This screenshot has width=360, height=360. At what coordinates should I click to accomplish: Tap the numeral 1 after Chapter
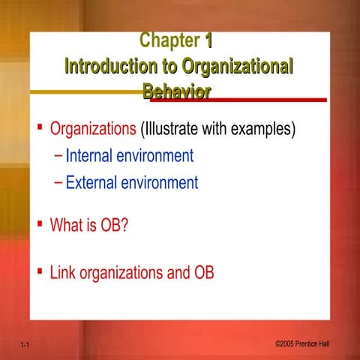click(208, 40)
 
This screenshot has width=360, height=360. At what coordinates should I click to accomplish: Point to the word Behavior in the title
click(176, 91)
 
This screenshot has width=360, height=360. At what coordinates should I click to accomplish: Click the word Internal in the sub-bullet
click(91, 156)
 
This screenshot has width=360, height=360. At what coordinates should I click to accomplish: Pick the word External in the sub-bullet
click(92, 182)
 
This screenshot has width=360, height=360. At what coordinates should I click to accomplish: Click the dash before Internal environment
click(59, 156)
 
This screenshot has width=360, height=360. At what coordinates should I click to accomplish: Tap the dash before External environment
click(59, 182)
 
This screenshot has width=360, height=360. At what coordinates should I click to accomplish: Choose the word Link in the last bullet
click(63, 272)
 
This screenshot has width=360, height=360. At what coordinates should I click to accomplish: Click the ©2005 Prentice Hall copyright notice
click(302, 343)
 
